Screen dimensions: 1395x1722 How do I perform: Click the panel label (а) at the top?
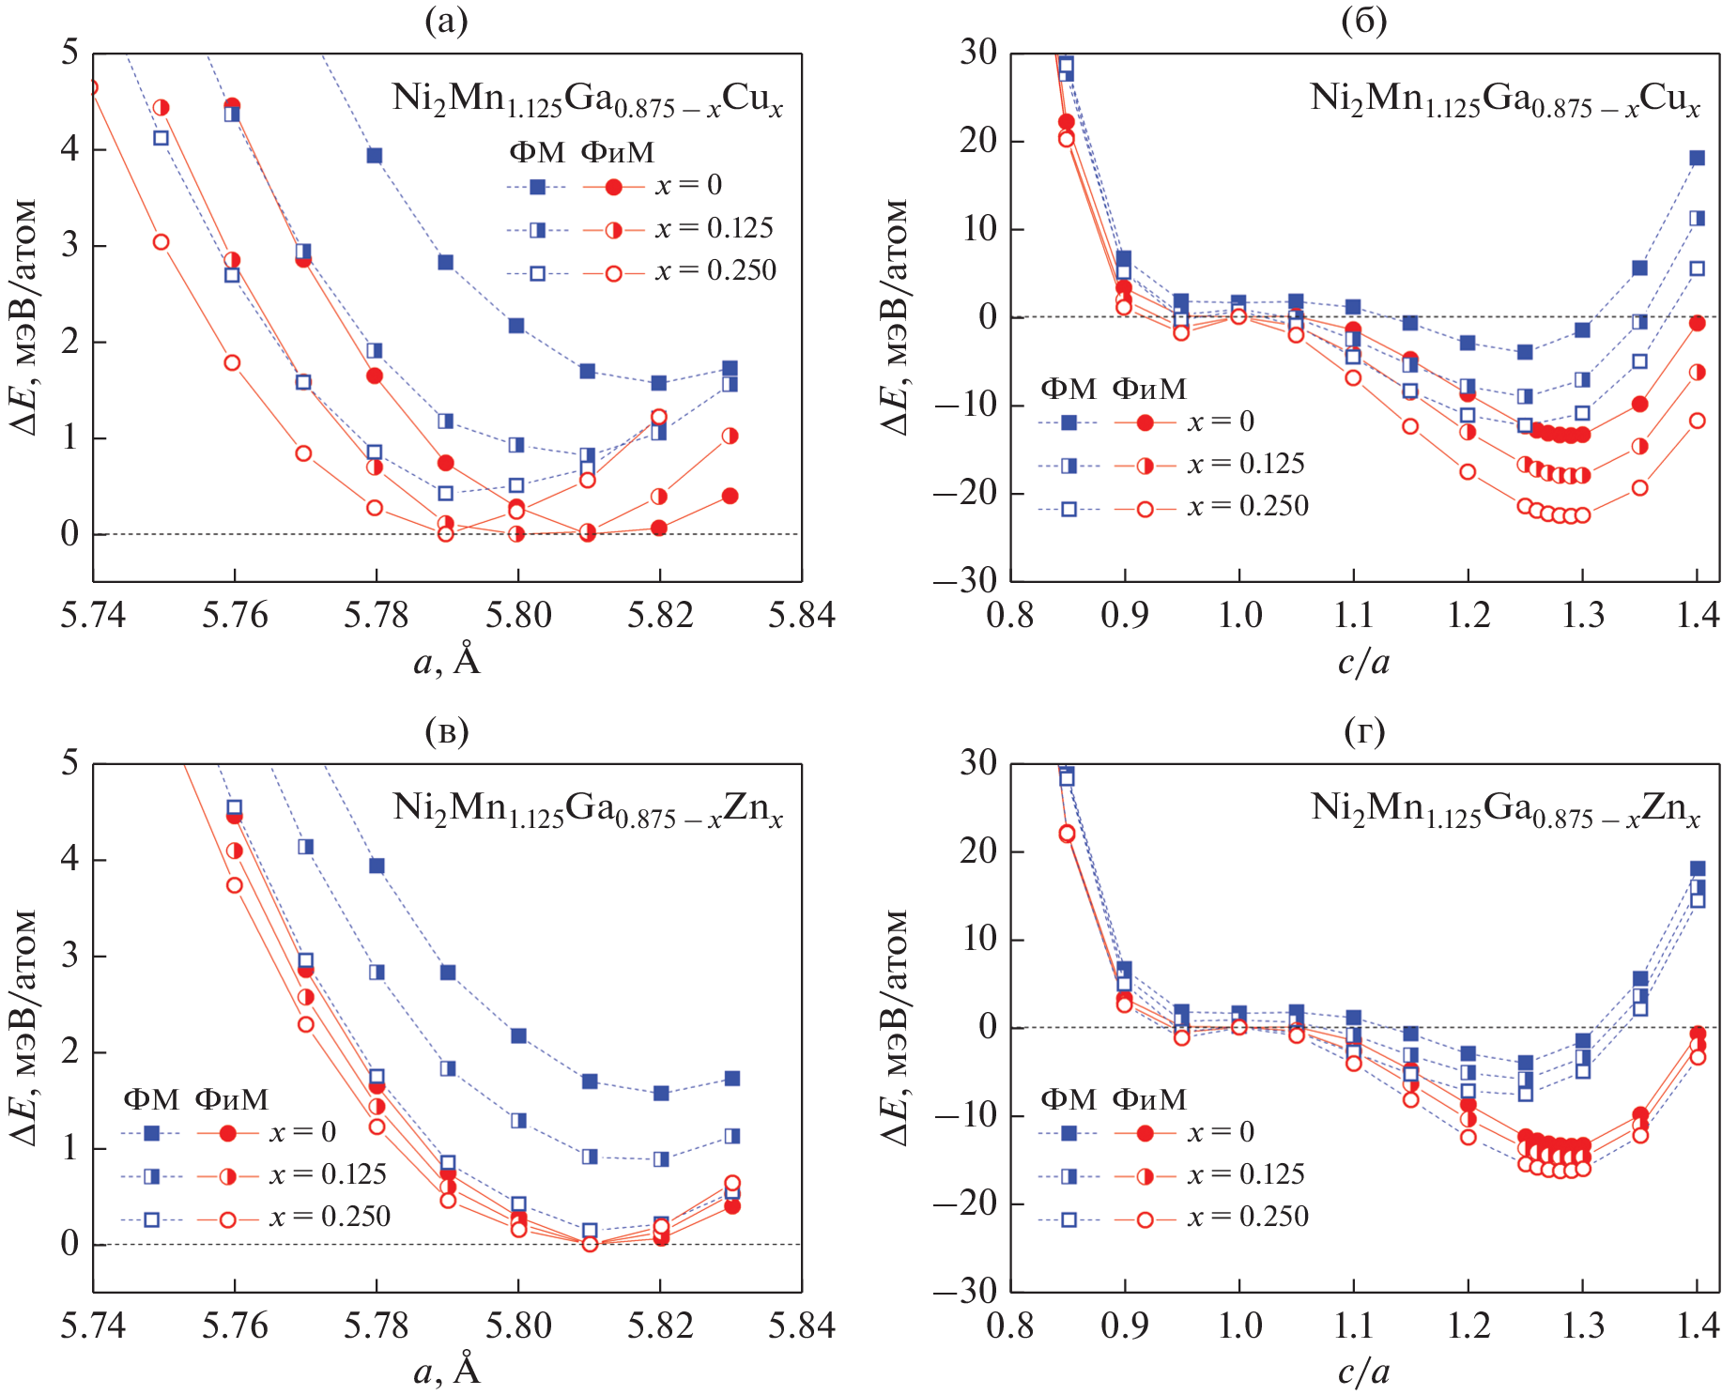pyautogui.click(x=446, y=21)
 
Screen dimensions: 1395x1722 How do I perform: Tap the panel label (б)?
pyautogui.click(x=1363, y=21)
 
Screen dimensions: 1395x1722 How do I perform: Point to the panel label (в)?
pyautogui.click(x=446, y=730)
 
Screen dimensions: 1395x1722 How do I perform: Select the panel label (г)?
pyautogui.click(x=1363, y=730)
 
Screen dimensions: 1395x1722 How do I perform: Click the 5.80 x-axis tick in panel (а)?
pyautogui.click(x=517, y=616)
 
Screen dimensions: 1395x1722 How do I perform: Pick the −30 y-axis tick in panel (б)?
pyautogui.click(x=964, y=581)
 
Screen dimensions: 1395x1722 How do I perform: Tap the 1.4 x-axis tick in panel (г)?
pyautogui.click(x=1698, y=1326)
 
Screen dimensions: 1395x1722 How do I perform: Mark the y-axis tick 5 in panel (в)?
pyautogui.click(x=69, y=762)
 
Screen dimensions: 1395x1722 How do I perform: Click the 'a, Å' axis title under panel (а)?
pyautogui.click(x=447, y=662)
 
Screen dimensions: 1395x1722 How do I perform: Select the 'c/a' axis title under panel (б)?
pyautogui.click(x=1363, y=662)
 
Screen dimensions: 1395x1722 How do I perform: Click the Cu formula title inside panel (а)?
pyautogui.click(x=587, y=100)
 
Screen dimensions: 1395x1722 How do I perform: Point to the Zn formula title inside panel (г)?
pyautogui.click(x=1505, y=809)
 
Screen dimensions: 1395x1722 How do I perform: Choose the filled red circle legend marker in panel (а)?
pyautogui.click(x=613, y=187)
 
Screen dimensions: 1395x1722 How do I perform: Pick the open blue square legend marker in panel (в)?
pyautogui.click(x=151, y=1219)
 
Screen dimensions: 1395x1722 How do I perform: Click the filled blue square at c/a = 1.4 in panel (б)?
pyautogui.click(x=1698, y=158)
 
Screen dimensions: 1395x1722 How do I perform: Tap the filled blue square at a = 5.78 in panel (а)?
pyautogui.click(x=375, y=155)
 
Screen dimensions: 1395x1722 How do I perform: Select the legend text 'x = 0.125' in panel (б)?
pyautogui.click(x=1246, y=464)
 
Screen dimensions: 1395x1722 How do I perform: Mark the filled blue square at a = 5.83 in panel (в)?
pyautogui.click(x=732, y=1079)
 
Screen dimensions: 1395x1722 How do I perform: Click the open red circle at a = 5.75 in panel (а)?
pyautogui.click(x=161, y=242)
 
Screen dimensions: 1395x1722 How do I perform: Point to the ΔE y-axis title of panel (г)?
pyautogui.click(x=896, y=1027)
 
